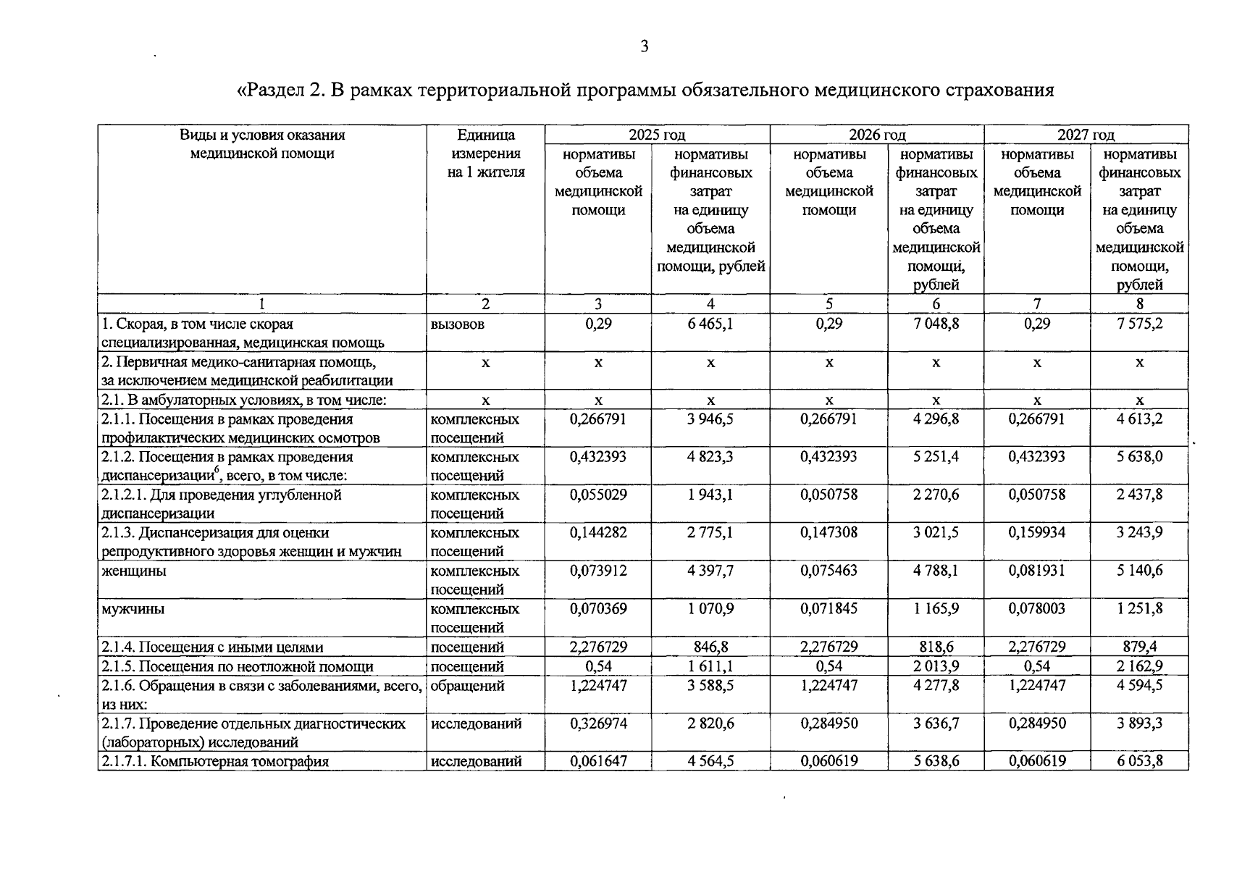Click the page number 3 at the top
click(644, 47)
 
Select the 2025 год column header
click(657, 135)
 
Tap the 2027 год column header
click(1086, 135)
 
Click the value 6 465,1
click(710, 324)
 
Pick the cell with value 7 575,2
click(1139, 324)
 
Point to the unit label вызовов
click(458, 324)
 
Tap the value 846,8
click(710, 647)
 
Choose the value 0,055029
click(598, 495)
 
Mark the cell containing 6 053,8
click(1139, 761)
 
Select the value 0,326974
click(598, 723)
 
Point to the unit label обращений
click(467, 685)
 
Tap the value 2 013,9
click(936, 666)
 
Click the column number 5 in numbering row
click(829, 304)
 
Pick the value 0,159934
click(1037, 532)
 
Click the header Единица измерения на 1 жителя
click(485, 154)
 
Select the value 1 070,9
click(710, 609)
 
